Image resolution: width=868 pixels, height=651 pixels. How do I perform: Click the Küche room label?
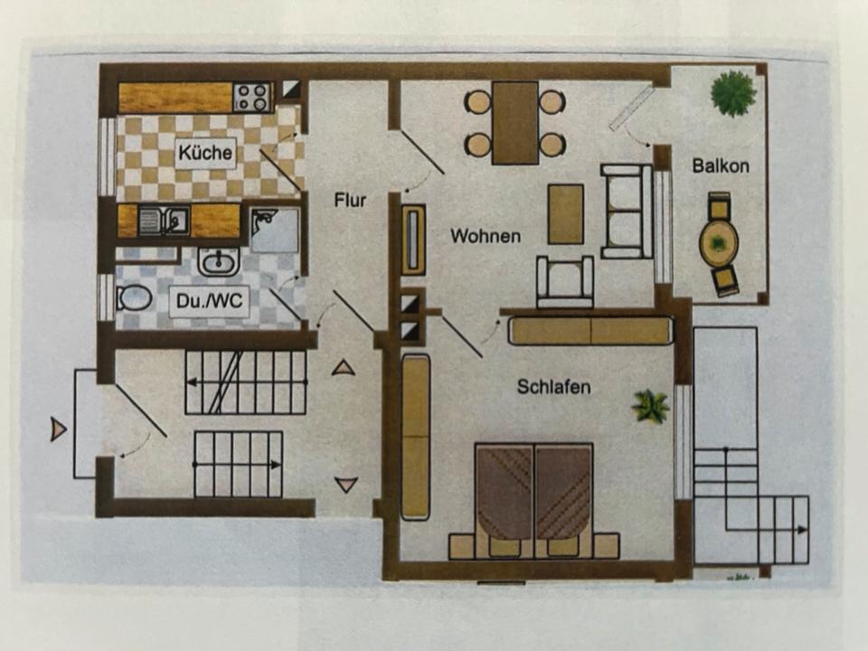(205, 153)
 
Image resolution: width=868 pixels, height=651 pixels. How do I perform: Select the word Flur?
(350, 200)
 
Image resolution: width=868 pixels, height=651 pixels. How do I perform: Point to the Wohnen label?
(486, 236)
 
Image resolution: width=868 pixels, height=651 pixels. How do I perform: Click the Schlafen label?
(553, 387)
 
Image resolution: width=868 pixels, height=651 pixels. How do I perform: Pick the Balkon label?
(721, 166)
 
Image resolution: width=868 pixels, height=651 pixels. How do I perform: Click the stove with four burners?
(252, 96)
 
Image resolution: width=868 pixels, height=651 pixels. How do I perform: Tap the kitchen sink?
(164, 221)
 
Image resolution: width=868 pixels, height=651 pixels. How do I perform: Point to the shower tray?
(274, 230)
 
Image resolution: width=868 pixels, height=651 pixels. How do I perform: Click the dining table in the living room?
(515, 123)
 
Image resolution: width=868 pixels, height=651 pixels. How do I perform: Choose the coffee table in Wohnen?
(566, 213)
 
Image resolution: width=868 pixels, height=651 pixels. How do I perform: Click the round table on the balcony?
(719, 242)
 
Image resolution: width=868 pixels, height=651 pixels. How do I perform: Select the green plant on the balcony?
(732, 92)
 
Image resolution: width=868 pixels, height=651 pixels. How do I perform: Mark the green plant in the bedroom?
(650, 406)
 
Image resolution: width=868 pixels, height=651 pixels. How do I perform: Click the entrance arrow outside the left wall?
(59, 429)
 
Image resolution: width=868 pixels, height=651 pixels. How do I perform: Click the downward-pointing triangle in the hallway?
(346, 486)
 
